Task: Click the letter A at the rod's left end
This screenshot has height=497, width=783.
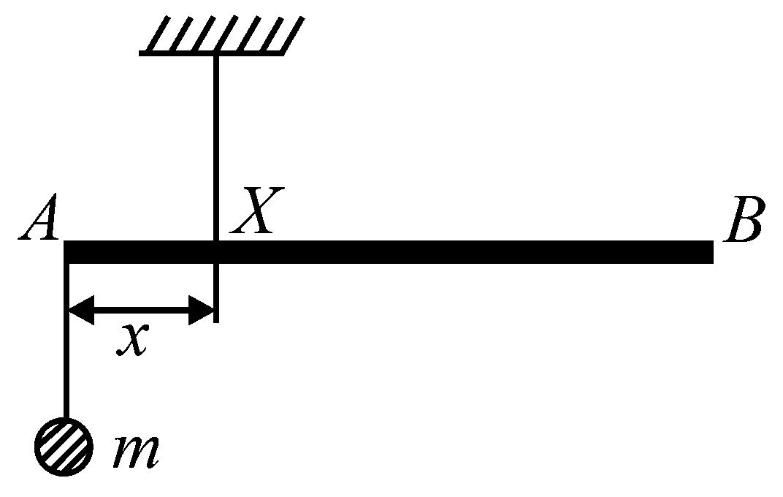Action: (39, 217)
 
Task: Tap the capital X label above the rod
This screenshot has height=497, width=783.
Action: (256, 210)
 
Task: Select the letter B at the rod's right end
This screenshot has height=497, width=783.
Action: (744, 219)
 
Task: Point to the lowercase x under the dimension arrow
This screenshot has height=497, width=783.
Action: (132, 340)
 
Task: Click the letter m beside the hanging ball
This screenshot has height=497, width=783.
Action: (137, 452)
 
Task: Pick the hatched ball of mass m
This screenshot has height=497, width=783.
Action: (64, 447)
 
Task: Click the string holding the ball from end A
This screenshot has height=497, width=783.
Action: (66, 341)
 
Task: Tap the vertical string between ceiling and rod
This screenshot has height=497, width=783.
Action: (215, 148)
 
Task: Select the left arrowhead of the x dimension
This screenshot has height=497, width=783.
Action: (81, 310)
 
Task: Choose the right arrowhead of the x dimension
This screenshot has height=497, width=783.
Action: (201, 310)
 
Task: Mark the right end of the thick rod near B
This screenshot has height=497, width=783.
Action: (713, 251)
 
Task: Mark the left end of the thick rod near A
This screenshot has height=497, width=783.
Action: (64, 251)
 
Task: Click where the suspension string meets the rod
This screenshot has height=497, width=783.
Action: (215, 241)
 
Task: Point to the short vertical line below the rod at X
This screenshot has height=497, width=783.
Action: (215, 293)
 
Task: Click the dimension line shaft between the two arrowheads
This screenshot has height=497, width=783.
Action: (141, 310)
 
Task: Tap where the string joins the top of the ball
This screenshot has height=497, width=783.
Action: (66, 419)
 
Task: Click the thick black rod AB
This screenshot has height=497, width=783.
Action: (389, 251)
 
